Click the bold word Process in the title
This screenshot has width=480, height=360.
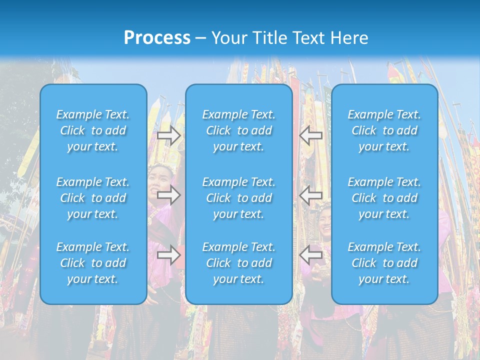point(157,38)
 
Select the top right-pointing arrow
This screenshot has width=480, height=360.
point(168,135)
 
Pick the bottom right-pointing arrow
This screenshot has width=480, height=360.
point(168,255)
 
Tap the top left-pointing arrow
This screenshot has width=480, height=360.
point(311,135)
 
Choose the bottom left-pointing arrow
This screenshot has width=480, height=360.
point(311,255)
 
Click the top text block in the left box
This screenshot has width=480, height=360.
point(93,130)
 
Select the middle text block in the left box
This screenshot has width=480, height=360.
point(93,198)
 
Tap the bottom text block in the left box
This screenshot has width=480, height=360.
point(93,263)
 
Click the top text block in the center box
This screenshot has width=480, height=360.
point(239,130)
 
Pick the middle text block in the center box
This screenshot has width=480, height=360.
point(239,198)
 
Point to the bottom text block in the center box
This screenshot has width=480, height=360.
point(239,263)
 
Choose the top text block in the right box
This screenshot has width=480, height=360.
point(384,130)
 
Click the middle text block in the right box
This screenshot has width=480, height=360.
point(384,198)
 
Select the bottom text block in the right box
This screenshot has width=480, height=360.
point(384,263)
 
